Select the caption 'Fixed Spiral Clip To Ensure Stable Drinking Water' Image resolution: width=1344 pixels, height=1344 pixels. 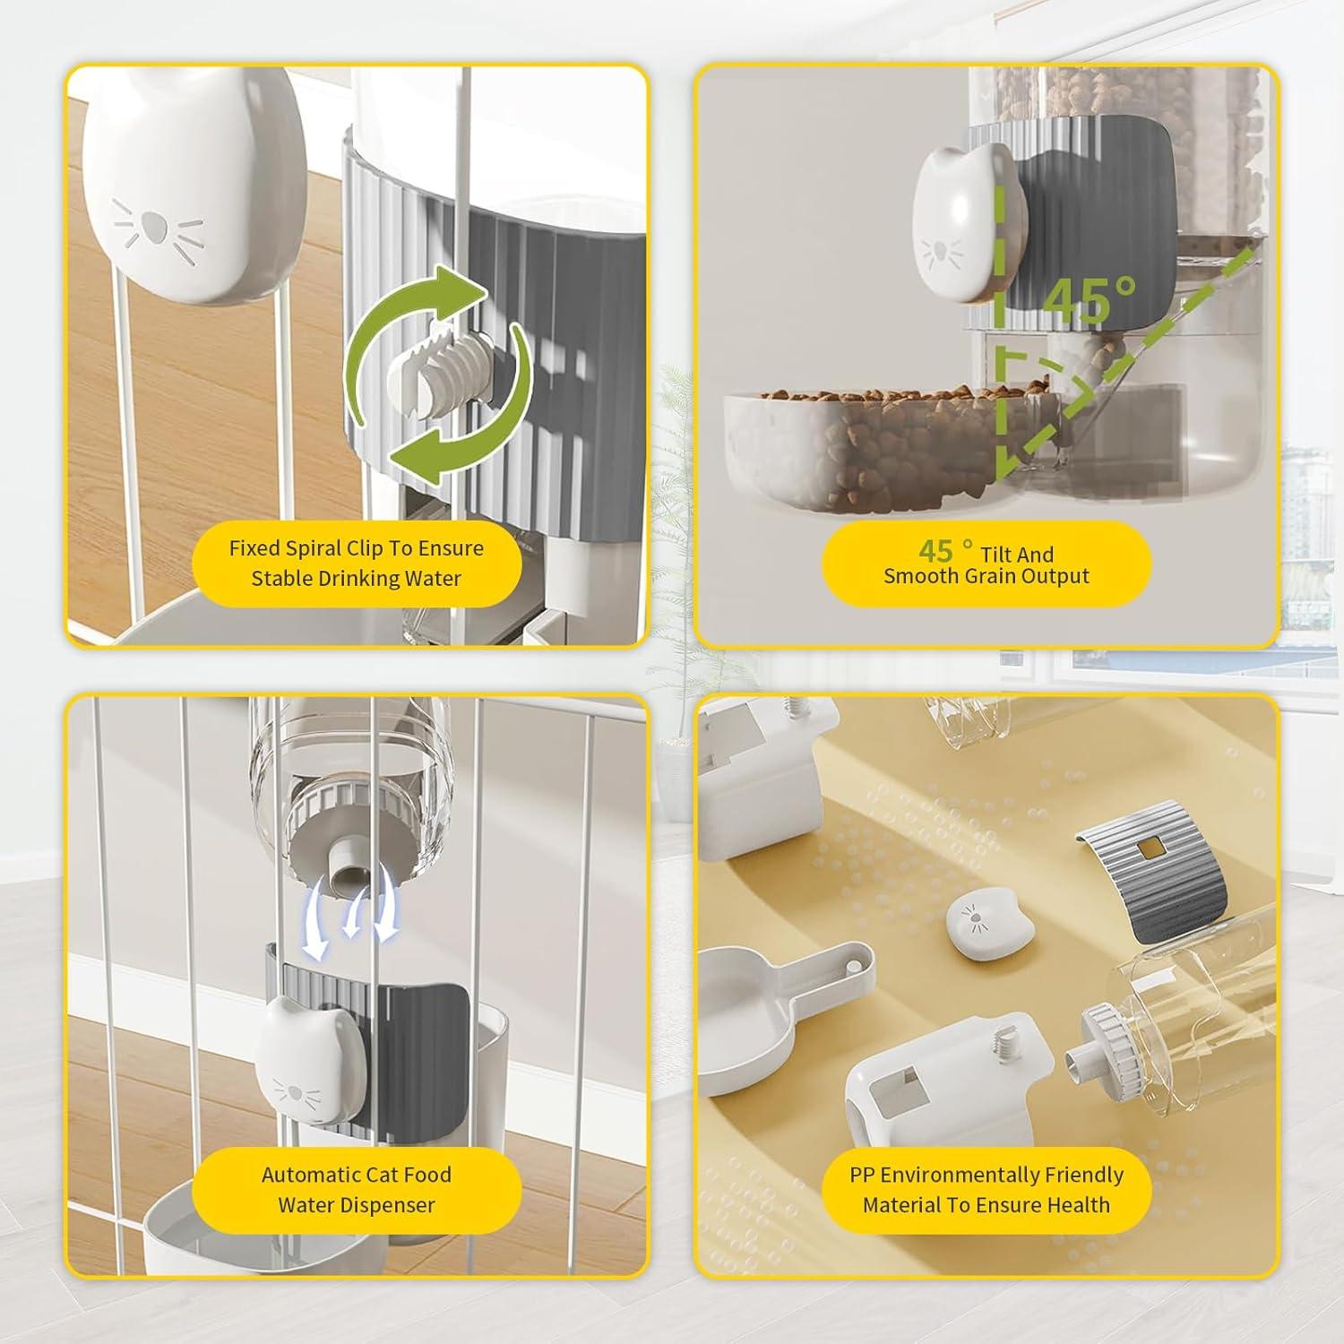click(357, 563)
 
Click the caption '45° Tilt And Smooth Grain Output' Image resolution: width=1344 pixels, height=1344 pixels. click(986, 564)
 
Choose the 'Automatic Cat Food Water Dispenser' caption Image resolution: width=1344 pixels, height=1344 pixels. click(357, 1189)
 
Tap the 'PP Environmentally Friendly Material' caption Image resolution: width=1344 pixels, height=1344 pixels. click(986, 1189)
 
